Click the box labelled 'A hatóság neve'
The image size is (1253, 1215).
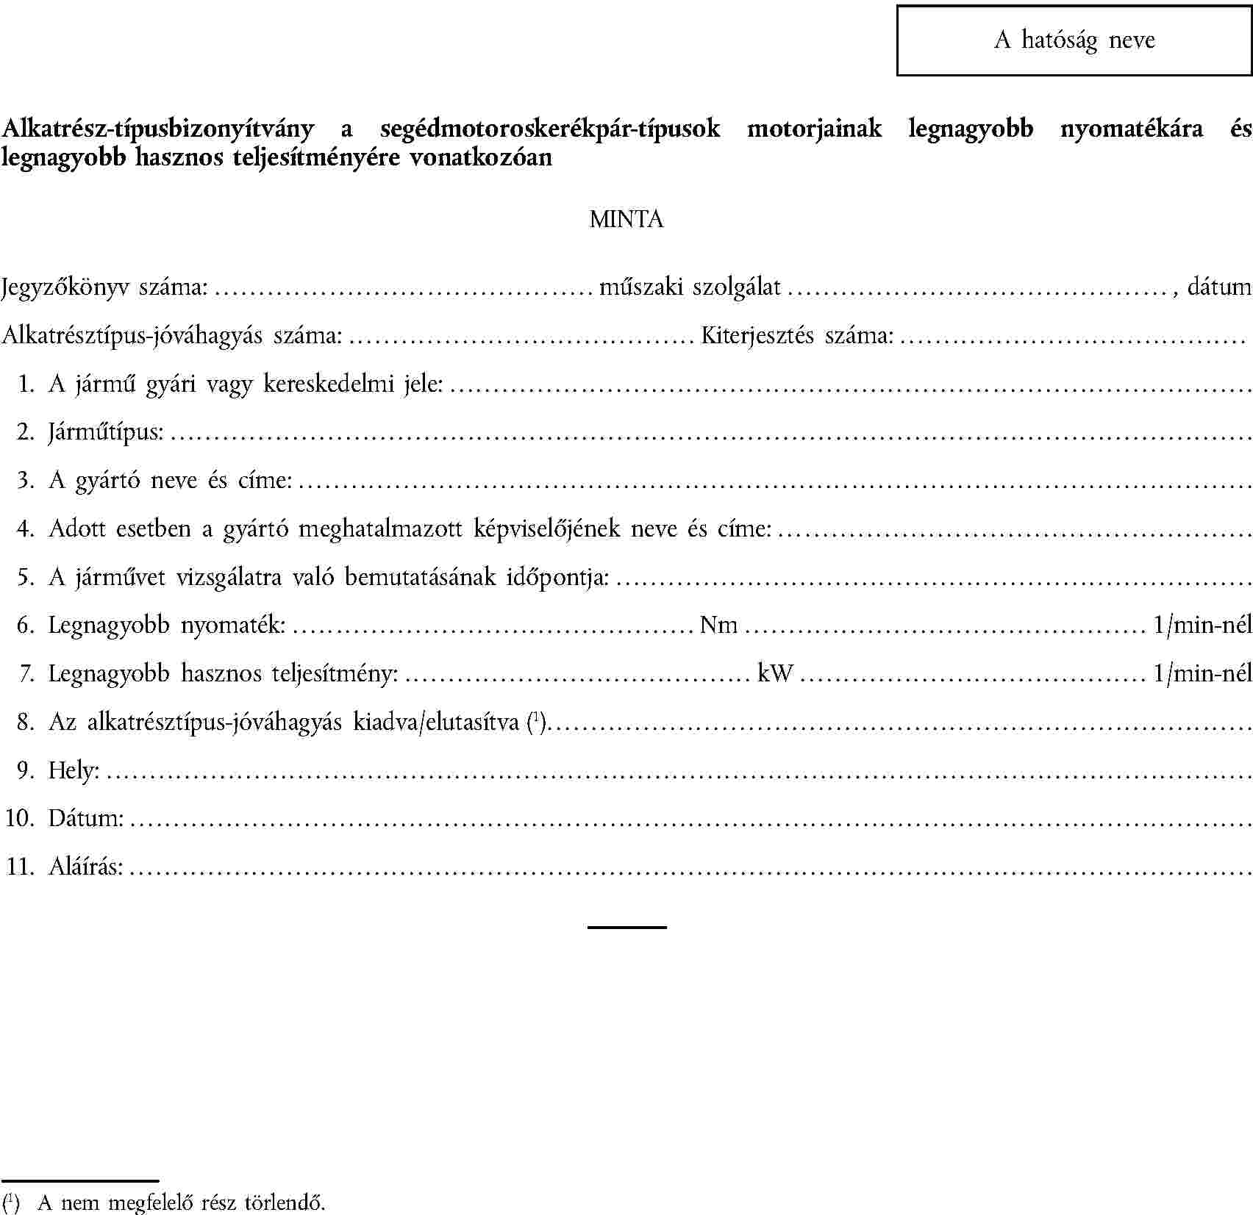[x=1074, y=40]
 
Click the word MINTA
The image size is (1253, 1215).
[x=626, y=219]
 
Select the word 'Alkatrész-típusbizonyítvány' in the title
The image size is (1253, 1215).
[x=158, y=129]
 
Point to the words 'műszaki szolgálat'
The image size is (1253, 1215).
[x=690, y=287]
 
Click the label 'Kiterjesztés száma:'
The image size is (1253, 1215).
[x=797, y=336]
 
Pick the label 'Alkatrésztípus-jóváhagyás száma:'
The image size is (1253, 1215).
[x=172, y=336]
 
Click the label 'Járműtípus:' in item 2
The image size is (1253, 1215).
[x=106, y=431]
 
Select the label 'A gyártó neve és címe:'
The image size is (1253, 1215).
[x=171, y=480]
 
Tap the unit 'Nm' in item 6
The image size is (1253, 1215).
[x=718, y=625]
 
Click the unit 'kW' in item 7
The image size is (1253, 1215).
[x=775, y=673]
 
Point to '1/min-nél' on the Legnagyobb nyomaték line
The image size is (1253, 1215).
[x=1202, y=625]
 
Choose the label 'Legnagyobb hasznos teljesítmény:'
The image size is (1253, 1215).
[x=224, y=673]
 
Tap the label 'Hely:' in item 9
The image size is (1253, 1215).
[x=74, y=770]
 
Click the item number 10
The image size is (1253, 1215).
[x=20, y=817]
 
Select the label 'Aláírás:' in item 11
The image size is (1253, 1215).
[x=85, y=867]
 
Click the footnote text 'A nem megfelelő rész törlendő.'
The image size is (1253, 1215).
[x=182, y=1203]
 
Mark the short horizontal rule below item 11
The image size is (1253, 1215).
[x=626, y=928]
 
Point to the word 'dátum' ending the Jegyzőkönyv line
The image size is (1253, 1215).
[x=1219, y=287]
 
